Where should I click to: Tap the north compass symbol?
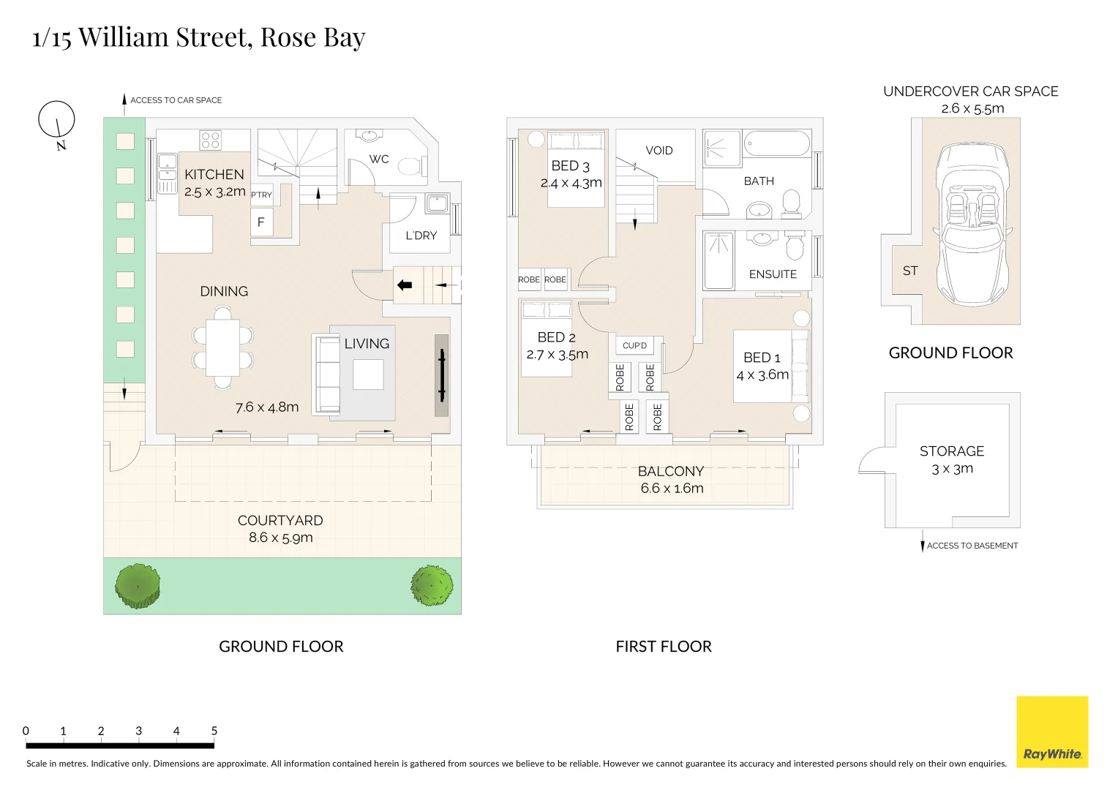pyautogui.click(x=56, y=120)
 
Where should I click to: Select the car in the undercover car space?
pyautogui.click(x=972, y=222)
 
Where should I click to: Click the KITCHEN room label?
pyautogui.click(x=214, y=175)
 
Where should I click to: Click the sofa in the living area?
pyautogui.click(x=326, y=375)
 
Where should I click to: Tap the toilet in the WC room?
pyautogui.click(x=412, y=167)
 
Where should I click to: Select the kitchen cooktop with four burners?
pyautogui.click(x=211, y=140)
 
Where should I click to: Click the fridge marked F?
pyautogui.click(x=261, y=222)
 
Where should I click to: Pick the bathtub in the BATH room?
pyautogui.click(x=777, y=143)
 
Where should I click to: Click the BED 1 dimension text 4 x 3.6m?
pyautogui.click(x=762, y=375)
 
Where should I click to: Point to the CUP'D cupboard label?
pyautogui.click(x=634, y=346)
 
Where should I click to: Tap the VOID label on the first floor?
pyautogui.click(x=659, y=151)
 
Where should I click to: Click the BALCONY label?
pyautogui.click(x=671, y=472)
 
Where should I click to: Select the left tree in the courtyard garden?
pyautogui.click(x=138, y=586)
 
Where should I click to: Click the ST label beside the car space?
pyautogui.click(x=910, y=271)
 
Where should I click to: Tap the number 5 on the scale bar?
pyautogui.click(x=214, y=731)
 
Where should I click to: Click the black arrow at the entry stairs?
pyautogui.click(x=404, y=285)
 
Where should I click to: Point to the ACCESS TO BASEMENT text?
pyautogui.click(x=972, y=546)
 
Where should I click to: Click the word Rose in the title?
pyautogui.click(x=288, y=37)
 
